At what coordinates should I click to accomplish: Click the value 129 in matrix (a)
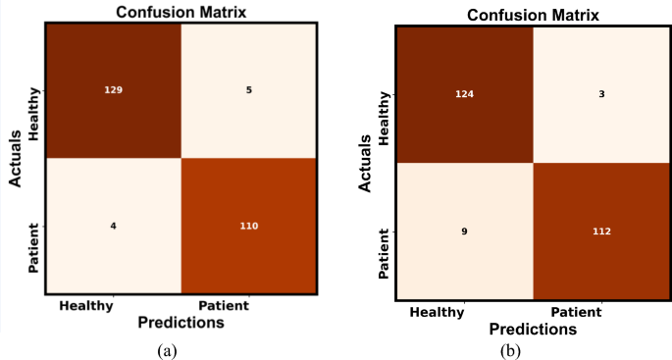tap(114, 89)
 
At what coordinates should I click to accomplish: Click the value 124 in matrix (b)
tap(463, 94)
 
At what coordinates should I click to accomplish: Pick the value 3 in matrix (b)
tap(600, 94)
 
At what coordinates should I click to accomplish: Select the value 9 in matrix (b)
tap(463, 233)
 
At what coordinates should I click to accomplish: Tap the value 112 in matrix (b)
tap(600, 233)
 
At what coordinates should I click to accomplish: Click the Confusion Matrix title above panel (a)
tap(181, 11)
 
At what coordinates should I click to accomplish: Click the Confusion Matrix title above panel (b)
tap(532, 15)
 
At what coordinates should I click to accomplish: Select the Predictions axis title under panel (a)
tap(181, 322)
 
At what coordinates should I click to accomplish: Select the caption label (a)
tap(166, 348)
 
